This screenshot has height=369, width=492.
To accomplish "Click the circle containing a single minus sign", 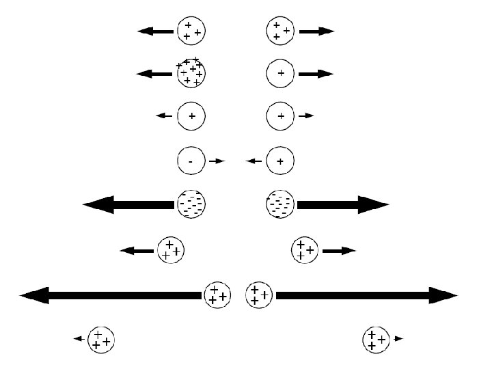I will (191, 161).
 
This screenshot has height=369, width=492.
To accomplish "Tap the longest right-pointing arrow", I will (366, 295).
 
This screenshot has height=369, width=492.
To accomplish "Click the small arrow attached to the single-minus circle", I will (217, 161).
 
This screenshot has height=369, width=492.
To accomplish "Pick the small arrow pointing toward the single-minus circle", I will (255, 161).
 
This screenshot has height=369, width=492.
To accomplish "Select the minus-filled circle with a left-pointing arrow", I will (191, 204).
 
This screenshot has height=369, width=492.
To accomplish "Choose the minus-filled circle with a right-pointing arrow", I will (280, 204).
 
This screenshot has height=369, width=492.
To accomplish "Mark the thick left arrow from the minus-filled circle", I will (128, 204).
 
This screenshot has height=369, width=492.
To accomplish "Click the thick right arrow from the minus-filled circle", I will (342, 204).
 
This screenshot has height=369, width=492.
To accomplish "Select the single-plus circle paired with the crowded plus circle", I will (280, 72).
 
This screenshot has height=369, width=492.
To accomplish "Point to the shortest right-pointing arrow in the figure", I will (399, 338).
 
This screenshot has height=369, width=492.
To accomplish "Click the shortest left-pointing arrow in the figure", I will (79, 338).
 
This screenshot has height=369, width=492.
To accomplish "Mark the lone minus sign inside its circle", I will (191, 162).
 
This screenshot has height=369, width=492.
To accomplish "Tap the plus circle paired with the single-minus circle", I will (280, 161).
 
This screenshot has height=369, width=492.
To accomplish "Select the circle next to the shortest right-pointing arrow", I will (377, 338).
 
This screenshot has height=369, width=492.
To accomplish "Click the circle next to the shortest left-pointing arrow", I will (101, 338).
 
